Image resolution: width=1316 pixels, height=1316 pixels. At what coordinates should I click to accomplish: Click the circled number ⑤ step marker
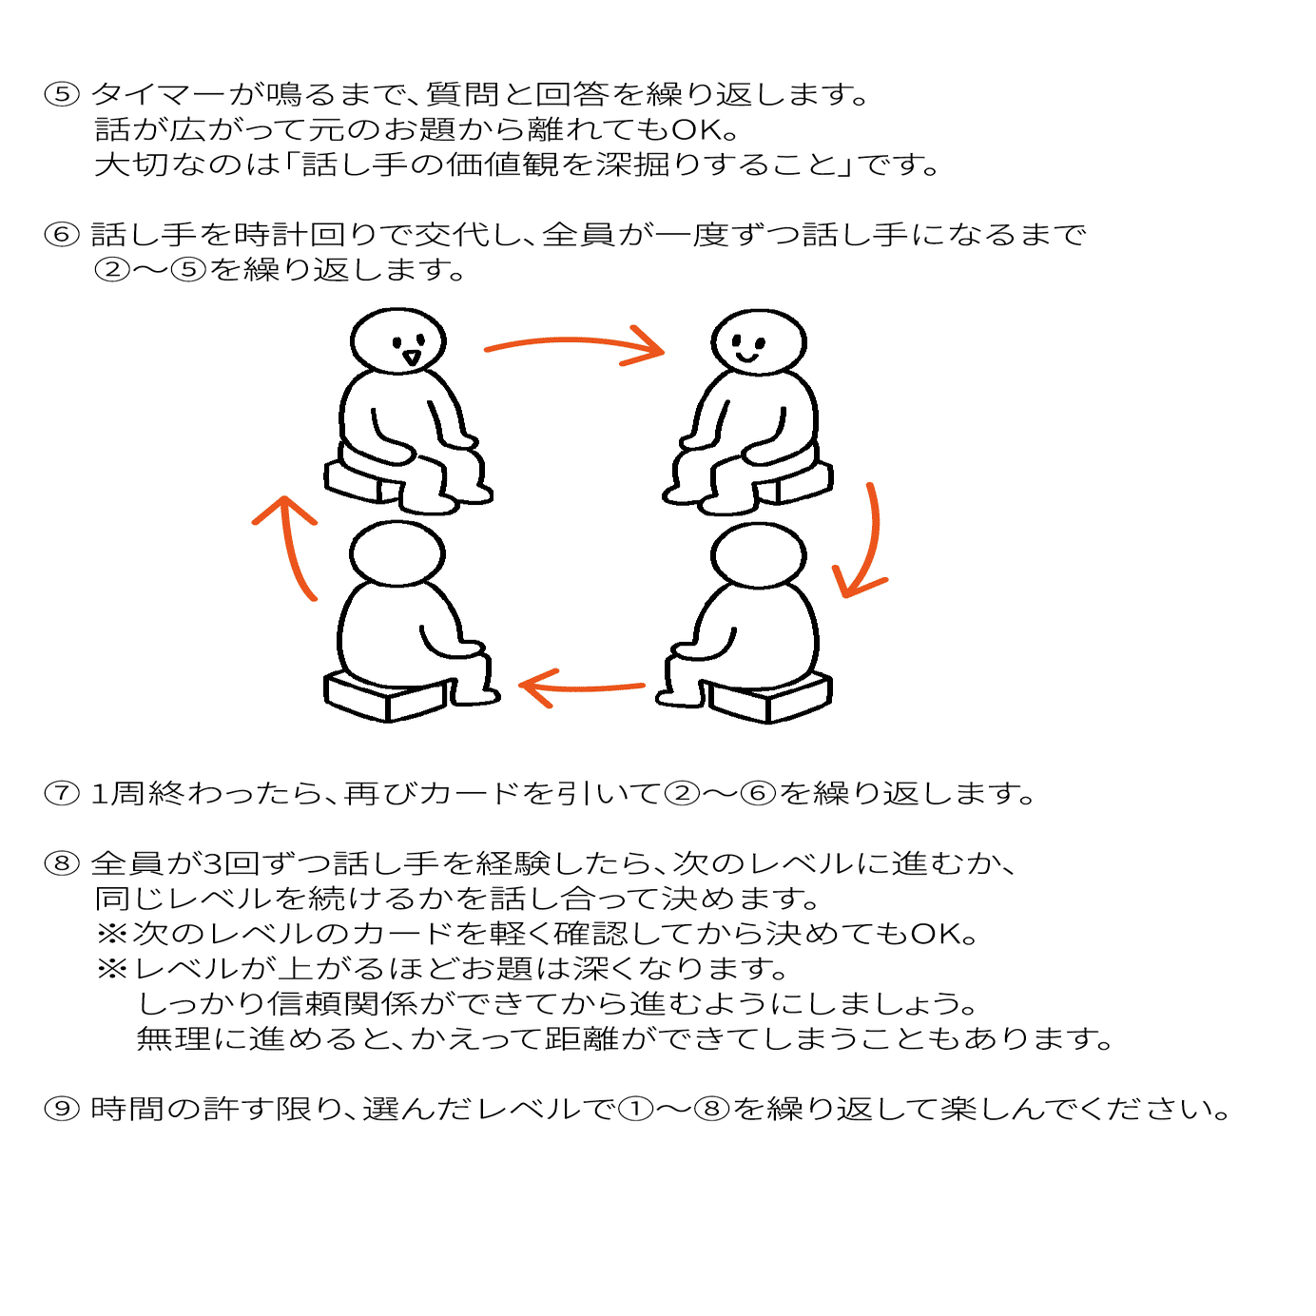coord(62,93)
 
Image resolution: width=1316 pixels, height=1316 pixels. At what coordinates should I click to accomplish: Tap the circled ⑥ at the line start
coord(62,234)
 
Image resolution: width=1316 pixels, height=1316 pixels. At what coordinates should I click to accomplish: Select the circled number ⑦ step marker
coord(62,794)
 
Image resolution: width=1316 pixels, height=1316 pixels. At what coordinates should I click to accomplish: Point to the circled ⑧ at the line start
coord(62,863)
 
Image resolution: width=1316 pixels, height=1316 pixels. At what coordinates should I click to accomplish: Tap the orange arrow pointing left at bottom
coord(580,687)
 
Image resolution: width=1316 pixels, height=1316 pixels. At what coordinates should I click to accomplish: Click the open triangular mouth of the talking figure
coord(411,358)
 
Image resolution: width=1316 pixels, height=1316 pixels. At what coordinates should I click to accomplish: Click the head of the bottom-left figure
coord(397,553)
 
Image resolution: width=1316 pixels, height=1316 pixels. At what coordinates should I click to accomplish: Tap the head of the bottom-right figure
coord(758,554)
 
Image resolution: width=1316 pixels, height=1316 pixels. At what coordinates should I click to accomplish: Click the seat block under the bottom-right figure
coord(769,697)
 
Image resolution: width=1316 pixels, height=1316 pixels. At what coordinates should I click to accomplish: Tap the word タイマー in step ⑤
coord(159,94)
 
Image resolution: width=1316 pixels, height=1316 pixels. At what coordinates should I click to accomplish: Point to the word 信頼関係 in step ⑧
coord(341,1003)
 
